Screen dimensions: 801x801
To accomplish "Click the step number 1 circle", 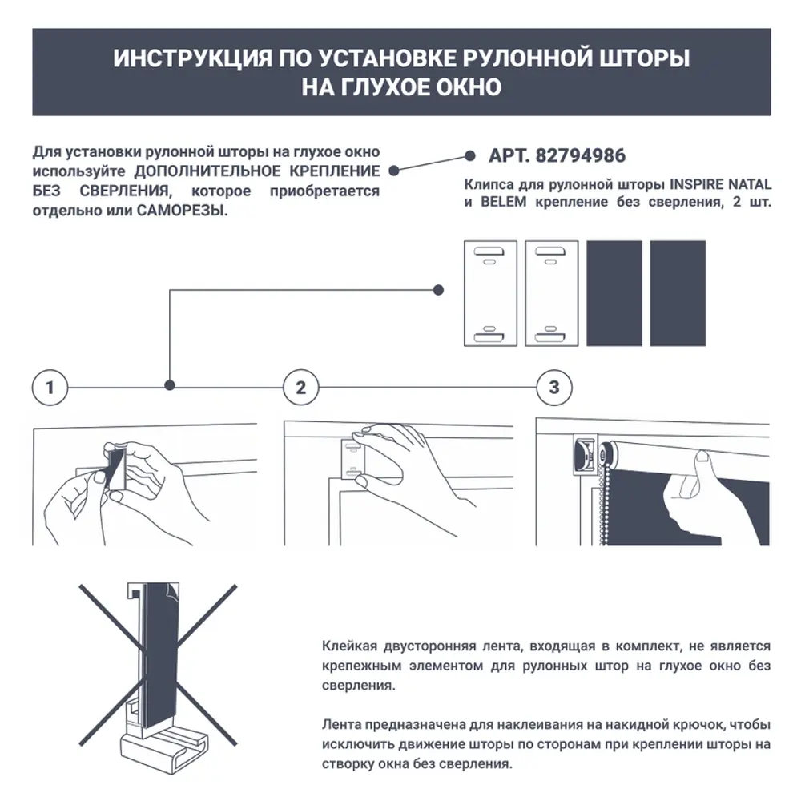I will (x=50, y=388).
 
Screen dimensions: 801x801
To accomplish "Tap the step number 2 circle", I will (x=301, y=388).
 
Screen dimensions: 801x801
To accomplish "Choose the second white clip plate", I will (x=551, y=293).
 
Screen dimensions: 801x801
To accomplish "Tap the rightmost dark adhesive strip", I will (x=677, y=293).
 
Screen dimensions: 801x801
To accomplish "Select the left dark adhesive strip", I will (x=614, y=293).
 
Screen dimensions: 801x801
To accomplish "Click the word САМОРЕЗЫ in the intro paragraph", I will (x=183, y=211).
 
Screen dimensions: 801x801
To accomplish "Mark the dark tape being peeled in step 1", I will (x=115, y=469).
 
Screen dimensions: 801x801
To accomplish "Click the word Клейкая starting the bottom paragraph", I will (x=347, y=646).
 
